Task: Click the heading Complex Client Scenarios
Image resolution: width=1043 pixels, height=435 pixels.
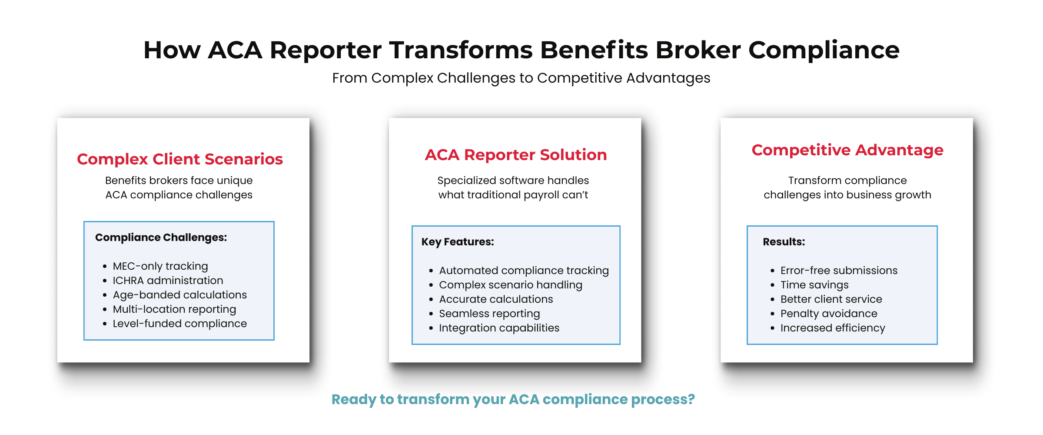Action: [x=179, y=159]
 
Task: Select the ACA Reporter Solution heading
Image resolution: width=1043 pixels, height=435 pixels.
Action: [x=515, y=155]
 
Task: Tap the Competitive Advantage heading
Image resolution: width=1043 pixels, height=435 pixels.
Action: [x=847, y=150]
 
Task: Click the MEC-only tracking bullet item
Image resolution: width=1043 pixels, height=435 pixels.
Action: [x=160, y=266]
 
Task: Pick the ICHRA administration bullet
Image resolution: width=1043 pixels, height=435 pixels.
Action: [x=168, y=280]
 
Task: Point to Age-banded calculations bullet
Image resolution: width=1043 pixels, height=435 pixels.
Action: [x=179, y=294]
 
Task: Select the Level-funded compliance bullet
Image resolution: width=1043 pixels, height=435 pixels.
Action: [x=179, y=323]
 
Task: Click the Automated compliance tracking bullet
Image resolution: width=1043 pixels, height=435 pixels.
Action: [x=524, y=270]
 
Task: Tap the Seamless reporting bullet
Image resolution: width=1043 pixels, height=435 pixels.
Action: [x=489, y=313]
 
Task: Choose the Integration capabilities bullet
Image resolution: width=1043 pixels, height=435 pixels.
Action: [x=499, y=328]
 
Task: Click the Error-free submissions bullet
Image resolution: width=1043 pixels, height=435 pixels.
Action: [x=839, y=270]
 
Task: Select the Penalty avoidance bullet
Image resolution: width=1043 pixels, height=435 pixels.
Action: [x=828, y=313]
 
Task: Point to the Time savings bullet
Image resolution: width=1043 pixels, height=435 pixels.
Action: [x=814, y=284]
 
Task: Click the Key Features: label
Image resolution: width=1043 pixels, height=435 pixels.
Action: [x=457, y=242]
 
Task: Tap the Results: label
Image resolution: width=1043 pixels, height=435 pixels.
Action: [x=784, y=242]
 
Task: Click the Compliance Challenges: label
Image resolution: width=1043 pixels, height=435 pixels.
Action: [x=161, y=238]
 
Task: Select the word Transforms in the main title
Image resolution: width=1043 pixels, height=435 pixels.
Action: [x=460, y=50]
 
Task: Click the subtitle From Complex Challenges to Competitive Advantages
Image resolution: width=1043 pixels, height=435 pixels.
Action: [x=521, y=78]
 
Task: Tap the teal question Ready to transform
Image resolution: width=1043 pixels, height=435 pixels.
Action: [x=513, y=399]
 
